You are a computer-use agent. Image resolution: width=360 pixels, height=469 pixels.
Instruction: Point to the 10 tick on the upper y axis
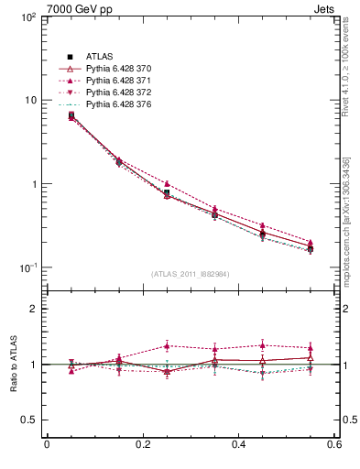click(26, 100)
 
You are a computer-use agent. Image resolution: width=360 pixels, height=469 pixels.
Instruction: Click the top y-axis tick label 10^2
click(26, 17)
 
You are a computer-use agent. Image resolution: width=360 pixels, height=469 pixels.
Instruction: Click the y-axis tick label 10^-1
click(25, 267)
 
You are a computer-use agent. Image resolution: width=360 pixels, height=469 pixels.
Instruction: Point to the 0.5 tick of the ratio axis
click(27, 420)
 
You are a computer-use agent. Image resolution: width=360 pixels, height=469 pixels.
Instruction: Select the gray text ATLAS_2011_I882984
click(190, 274)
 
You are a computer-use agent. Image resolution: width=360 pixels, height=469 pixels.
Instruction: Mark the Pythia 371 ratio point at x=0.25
click(167, 345)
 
